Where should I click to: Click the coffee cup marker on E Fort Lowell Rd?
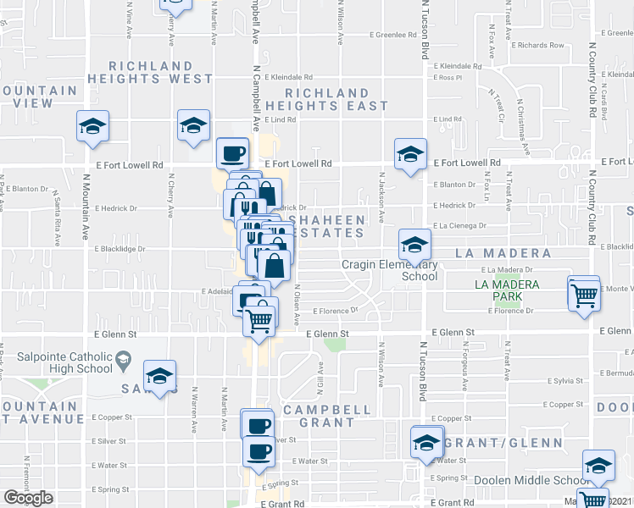(233, 153)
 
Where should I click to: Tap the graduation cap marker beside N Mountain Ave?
(92, 127)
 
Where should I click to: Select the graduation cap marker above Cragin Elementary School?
(414, 245)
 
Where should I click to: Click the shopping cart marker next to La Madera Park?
(585, 295)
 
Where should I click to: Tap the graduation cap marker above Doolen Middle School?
(598, 465)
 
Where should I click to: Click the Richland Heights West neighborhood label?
(160, 72)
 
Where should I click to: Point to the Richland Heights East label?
(326, 99)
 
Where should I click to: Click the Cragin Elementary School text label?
(390, 270)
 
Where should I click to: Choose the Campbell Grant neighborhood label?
(327, 416)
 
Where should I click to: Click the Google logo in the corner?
(28, 498)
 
